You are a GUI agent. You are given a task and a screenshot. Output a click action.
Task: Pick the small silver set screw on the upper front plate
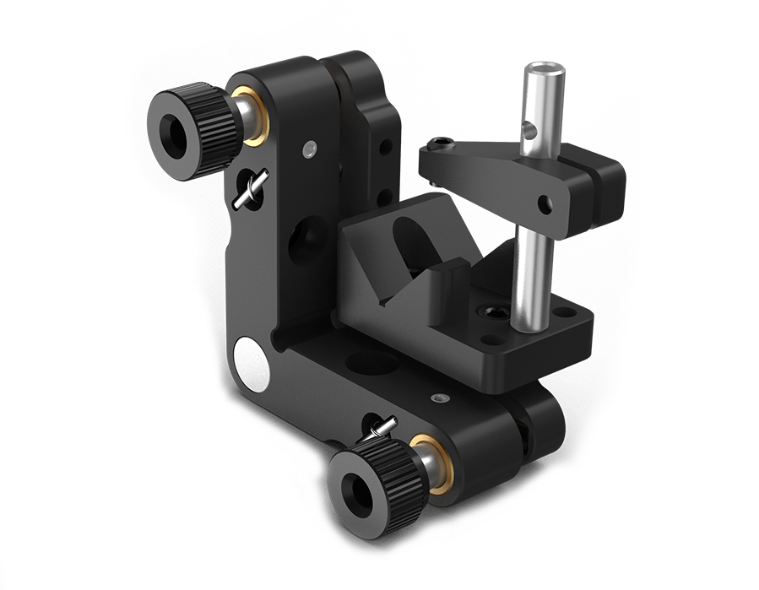(310, 149)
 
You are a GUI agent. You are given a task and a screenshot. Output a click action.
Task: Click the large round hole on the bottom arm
(371, 363)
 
